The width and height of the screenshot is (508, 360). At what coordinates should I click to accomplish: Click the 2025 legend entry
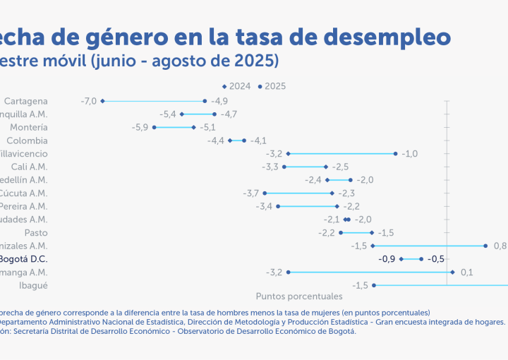point(272,87)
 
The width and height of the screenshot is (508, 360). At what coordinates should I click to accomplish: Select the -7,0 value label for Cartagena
point(88,101)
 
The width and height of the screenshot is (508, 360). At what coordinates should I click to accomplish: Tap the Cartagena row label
point(26,101)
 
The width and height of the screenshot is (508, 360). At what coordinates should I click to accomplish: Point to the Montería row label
point(29,127)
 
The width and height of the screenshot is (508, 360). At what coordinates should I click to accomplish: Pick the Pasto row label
point(36,232)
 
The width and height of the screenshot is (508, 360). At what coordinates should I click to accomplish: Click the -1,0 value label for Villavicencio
point(410,153)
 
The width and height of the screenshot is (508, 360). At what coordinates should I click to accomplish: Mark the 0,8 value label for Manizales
point(500,246)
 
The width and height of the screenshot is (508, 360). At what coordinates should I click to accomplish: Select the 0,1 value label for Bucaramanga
point(466,272)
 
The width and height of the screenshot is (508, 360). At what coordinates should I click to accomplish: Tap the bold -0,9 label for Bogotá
point(387,259)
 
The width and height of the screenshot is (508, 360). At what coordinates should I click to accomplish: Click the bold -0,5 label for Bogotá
point(436,259)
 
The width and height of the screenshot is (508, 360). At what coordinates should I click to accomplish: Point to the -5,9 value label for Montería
point(140,127)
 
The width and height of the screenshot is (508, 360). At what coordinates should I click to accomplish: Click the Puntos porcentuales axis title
point(298,296)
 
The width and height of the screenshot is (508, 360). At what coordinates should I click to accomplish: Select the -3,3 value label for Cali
point(270,167)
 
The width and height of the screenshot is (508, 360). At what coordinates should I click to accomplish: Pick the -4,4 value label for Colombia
point(216,140)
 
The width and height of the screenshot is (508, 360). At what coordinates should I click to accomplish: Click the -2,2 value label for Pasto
point(327,232)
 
